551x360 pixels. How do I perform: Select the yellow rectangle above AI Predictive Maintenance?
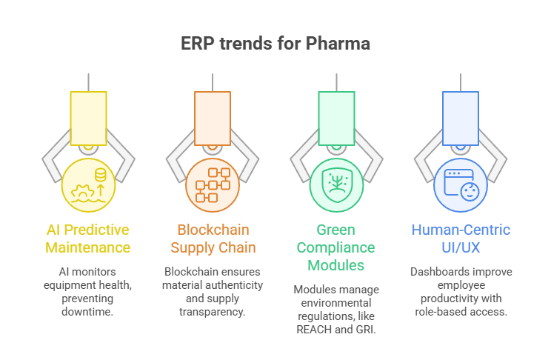pos(88,118)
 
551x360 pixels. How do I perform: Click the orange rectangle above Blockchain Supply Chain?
pos(213,118)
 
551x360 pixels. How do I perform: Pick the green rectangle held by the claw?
pos(336,118)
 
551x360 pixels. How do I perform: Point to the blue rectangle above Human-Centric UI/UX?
pos(460,118)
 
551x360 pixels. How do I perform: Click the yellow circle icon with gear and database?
pos(88,185)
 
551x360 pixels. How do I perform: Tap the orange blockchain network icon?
pos(213,185)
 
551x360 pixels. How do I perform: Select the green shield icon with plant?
pos(336,185)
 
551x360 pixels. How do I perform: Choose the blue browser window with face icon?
pos(460,185)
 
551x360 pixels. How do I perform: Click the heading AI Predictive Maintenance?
pos(88,239)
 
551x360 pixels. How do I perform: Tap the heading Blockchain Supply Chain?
pos(213,239)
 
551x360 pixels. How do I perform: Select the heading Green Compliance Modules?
pos(336,247)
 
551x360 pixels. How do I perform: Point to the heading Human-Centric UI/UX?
pos(460,239)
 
